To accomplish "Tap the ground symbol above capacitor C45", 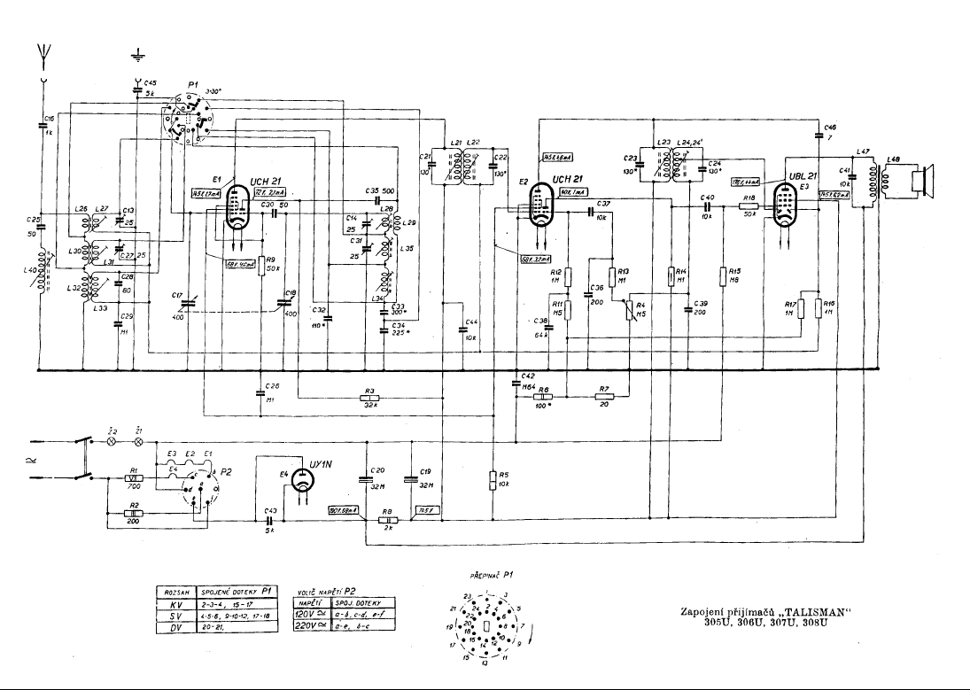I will pos(136,56).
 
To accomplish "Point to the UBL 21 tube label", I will pos(804,175).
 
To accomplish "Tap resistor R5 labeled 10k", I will pos(493,480).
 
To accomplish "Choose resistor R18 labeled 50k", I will pos(749,205).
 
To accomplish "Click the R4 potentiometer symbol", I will pos(631,309).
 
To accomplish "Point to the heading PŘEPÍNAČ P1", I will pos(492,575).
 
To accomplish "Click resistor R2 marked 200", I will pos(133,513).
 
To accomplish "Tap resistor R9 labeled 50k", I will pos(261,265).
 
